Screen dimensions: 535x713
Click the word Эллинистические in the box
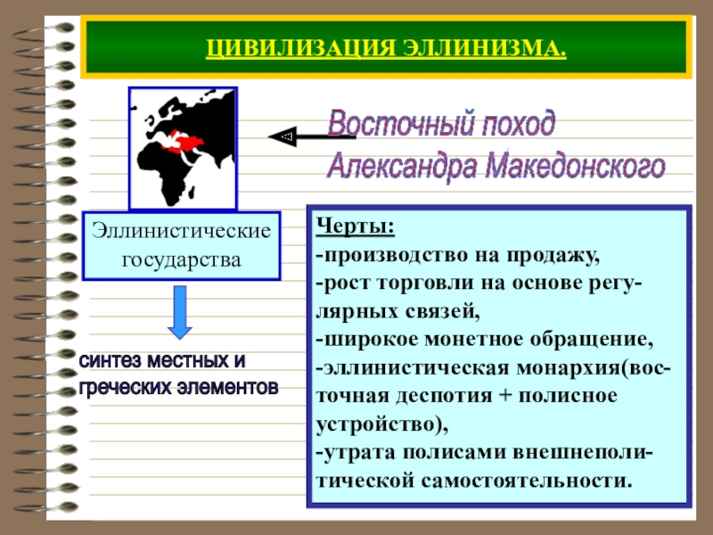tap(181, 231)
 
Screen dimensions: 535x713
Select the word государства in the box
tap(181, 261)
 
